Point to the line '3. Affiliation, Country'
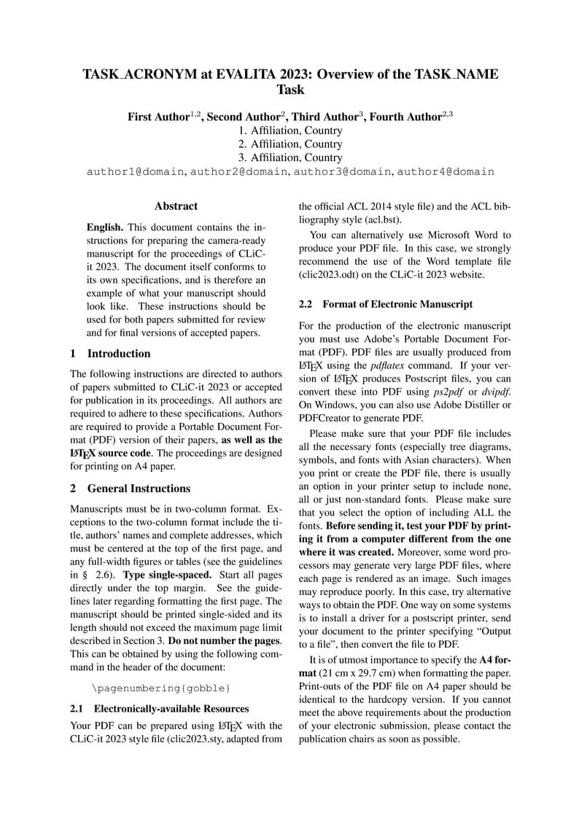290,158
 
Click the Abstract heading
176,207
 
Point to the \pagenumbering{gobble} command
161,688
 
